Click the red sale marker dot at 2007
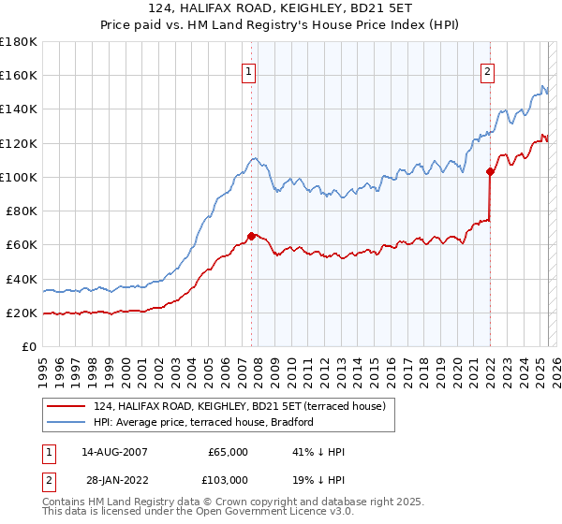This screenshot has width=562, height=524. coord(251,236)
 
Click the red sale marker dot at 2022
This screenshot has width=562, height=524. coord(490,171)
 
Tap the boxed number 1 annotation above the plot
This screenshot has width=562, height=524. coord(250,70)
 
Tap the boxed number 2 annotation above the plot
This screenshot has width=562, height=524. coord(489,70)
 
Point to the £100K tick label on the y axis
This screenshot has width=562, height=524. coord(19,177)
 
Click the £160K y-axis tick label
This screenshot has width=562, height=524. coord(19,76)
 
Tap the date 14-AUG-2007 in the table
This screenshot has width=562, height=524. coord(114,452)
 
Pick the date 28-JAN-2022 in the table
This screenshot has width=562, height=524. coord(114,479)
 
